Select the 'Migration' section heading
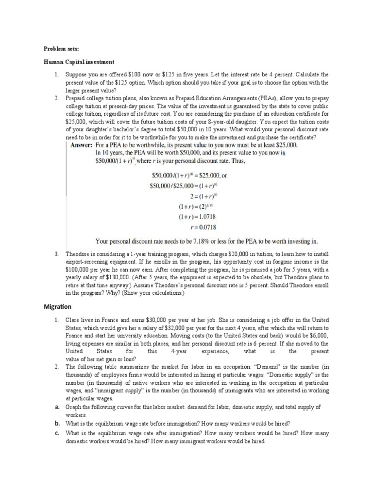click(x=58, y=307)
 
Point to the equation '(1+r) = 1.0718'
click(x=197, y=216)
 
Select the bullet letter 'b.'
click(x=57, y=424)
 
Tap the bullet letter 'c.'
click(x=57, y=432)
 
